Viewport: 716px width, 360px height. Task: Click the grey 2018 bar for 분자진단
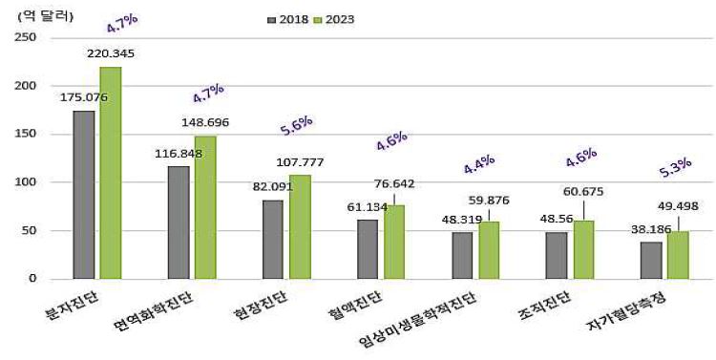coord(84,195)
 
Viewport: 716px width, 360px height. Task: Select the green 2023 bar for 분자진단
coord(110,173)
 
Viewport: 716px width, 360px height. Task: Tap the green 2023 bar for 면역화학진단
coord(204,207)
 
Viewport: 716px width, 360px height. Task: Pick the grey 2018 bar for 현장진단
coord(273,240)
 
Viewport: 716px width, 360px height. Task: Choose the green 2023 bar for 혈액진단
coord(394,242)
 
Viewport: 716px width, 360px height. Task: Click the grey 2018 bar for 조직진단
coord(558,255)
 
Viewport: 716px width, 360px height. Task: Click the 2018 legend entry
coord(288,19)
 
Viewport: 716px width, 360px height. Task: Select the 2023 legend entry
coord(347,19)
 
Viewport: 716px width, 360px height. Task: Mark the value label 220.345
coord(111,53)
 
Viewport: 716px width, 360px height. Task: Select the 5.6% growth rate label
coord(297,125)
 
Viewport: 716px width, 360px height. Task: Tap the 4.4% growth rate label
coord(479,163)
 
